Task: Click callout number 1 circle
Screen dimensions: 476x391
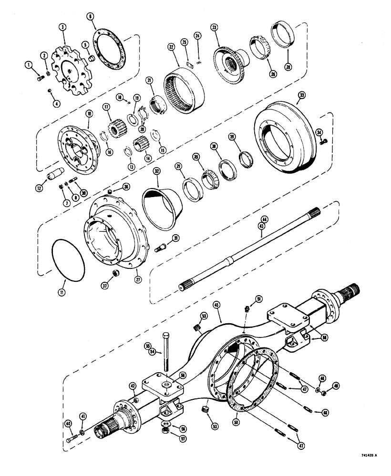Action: [x=29, y=65]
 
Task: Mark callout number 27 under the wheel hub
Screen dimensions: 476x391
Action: [x=126, y=279]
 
